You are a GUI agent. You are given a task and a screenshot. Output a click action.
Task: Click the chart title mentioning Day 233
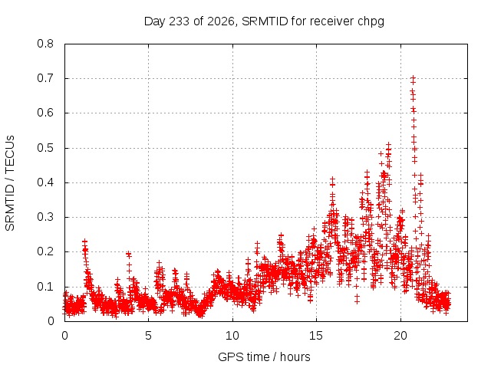click(264, 21)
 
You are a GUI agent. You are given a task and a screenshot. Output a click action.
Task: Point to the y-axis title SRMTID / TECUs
click(10, 183)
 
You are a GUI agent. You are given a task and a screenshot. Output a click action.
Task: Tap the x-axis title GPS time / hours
click(264, 356)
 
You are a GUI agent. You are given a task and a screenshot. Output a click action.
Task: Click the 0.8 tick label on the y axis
click(45, 44)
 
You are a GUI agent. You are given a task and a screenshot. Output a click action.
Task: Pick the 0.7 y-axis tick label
click(45, 78)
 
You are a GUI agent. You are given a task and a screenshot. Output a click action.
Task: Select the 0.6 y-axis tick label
click(45, 113)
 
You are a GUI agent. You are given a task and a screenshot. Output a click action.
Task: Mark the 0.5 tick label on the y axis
click(45, 148)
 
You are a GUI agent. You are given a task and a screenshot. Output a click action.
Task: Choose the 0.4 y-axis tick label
click(45, 182)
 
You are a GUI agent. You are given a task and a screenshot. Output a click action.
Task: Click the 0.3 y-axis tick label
click(45, 217)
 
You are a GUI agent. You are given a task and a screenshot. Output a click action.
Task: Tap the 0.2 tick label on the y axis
click(45, 251)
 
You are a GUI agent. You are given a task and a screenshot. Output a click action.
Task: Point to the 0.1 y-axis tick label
click(45, 286)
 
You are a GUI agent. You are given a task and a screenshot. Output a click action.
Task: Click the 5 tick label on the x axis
click(148, 336)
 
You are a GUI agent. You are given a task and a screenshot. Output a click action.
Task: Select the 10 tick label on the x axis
click(232, 336)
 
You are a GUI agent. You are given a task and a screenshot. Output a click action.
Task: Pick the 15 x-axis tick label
click(316, 336)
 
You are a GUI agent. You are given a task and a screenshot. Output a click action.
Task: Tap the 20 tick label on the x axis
click(400, 336)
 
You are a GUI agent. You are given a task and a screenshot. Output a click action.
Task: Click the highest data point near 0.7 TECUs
click(413, 77)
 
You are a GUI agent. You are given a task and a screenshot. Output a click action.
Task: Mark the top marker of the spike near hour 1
click(84, 242)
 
